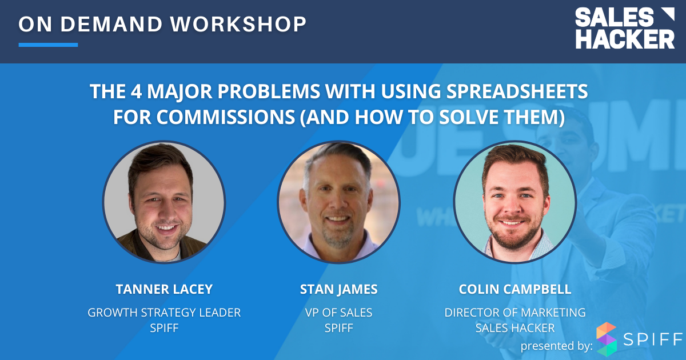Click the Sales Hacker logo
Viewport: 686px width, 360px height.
pyautogui.click(x=624, y=29)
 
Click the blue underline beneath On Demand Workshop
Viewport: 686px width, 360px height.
pyautogui.click(x=48, y=45)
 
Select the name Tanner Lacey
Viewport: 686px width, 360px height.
pyautogui.click(x=163, y=289)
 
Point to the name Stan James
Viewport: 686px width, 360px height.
pyautogui.click(x=338, y=289)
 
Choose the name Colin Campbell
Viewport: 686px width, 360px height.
pyautogui.click(x=514, y=289)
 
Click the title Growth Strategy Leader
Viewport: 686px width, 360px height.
pyautogui.click(x=163, y=313)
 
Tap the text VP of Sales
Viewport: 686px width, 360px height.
pyautogui.click(x=338, y=313)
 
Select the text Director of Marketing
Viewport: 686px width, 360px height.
pyautogui.click(x=514, y=313)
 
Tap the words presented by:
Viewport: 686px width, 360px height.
pyautogui.click(x=555, y=346)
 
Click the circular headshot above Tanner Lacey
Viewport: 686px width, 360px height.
pyautogui.click(x=164, y=202)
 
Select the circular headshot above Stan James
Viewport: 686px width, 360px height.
pyautogui.click(x=338, y=202)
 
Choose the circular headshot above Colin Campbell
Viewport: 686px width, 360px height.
pyautogui.click(x=514, y=202)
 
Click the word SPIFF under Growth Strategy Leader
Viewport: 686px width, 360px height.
pyautogui.click(x=163, y=329)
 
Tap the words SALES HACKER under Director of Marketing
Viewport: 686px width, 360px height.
pyautogui.click(x=514, y=329)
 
